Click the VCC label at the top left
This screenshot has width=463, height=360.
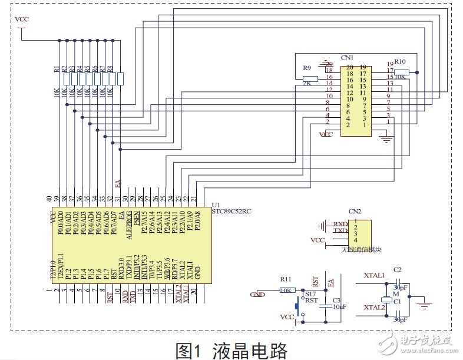21,19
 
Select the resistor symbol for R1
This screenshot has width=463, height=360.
67,79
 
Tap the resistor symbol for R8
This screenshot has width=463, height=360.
120,79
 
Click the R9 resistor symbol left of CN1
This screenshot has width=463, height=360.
310,78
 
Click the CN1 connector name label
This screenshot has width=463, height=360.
347,58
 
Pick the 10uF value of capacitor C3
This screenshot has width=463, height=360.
339,307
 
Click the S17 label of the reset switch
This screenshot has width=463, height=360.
310,292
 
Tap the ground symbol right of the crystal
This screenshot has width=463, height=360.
422,304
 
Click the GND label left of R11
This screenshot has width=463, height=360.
257,294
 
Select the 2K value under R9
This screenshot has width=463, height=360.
306,84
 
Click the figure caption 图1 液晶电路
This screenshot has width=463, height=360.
231,350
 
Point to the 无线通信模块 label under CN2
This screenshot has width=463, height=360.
361,250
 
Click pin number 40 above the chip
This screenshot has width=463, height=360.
50,198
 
